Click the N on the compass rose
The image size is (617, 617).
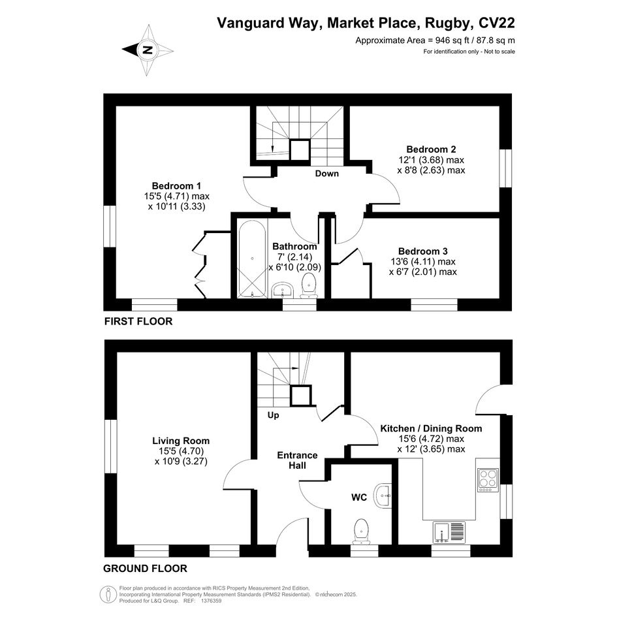148,50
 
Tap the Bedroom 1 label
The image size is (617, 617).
177,185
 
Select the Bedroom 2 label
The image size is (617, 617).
432,150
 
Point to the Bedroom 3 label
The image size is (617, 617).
423,251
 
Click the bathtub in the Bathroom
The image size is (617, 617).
252,259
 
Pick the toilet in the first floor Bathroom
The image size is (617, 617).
309,285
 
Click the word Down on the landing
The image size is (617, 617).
327,174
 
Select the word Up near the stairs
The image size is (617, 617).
273,415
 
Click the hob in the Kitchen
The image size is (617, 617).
488,480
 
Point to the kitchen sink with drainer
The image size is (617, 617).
449,532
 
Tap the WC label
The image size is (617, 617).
359,498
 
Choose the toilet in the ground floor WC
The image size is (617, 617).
361,531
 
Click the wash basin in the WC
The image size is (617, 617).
383,496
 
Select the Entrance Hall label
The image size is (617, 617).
298,460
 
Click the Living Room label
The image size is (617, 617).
181,441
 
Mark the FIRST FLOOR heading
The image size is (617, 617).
138,321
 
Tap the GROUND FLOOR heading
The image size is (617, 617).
145,569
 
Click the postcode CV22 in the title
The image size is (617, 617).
497,23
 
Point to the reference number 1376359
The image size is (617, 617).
212,601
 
